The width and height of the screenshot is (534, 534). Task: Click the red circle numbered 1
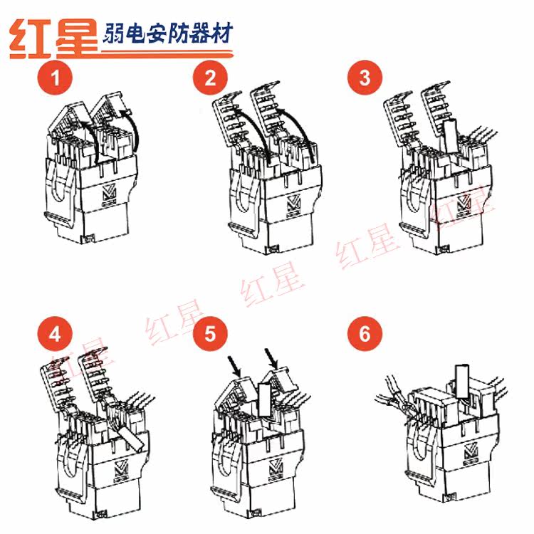(x=55, y=78)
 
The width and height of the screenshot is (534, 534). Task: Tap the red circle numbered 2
(x=210, y=78)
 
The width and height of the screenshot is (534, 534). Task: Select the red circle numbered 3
(x=365, y=78)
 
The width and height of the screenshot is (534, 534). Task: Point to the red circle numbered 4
(x=55, y=334)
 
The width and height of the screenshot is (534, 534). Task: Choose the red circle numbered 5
(x=210, y=334)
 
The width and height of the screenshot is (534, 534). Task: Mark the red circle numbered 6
(x=365, y=334)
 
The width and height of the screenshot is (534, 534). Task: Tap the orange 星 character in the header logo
(x=77, y=38)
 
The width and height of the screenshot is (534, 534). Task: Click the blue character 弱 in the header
(x=112, y=33)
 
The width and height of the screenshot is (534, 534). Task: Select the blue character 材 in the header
(x=221, y=33)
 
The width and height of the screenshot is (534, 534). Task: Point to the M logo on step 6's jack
(x=471, y=453)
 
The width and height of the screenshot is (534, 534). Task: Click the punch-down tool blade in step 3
(x=450, y=137)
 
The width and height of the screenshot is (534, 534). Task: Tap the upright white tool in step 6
(x=462, y=381)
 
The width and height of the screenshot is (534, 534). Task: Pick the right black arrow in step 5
(x=271, y=359)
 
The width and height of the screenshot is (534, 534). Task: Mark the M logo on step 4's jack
(x=121, y=471)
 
